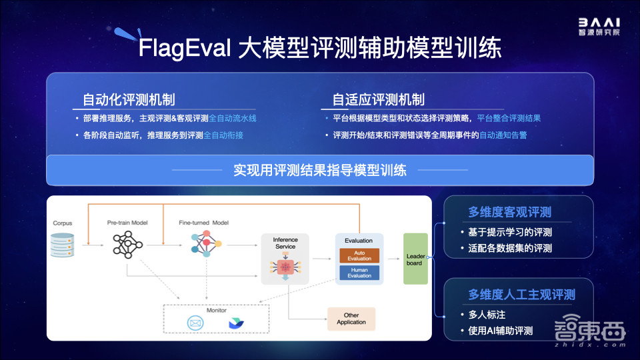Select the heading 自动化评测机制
pyautogui.click(x=129, y=100)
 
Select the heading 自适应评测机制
pyautogui.click(x=378, y=100)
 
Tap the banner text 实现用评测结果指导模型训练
pyautogui.click(x=320, y=169)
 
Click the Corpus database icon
pyautogui.click(x=63, y=245)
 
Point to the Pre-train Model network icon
pyautogui.click(x=127, y=245)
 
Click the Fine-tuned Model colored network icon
pyautogui.click(x=203, y=245)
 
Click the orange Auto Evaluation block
pyautogui.click(x=359, y=255)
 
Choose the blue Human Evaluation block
pyautogui.click(x=359, y=273)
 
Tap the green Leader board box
pyautogui.click(x=415, y=259)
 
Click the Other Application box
pyautogui.click(x=351, y=319)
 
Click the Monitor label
pyautogui.click(x=216, y=310)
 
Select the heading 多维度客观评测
pyautogui.click(x=519, y=213)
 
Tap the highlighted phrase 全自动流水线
pyautogui.click(x=233, y=118)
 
